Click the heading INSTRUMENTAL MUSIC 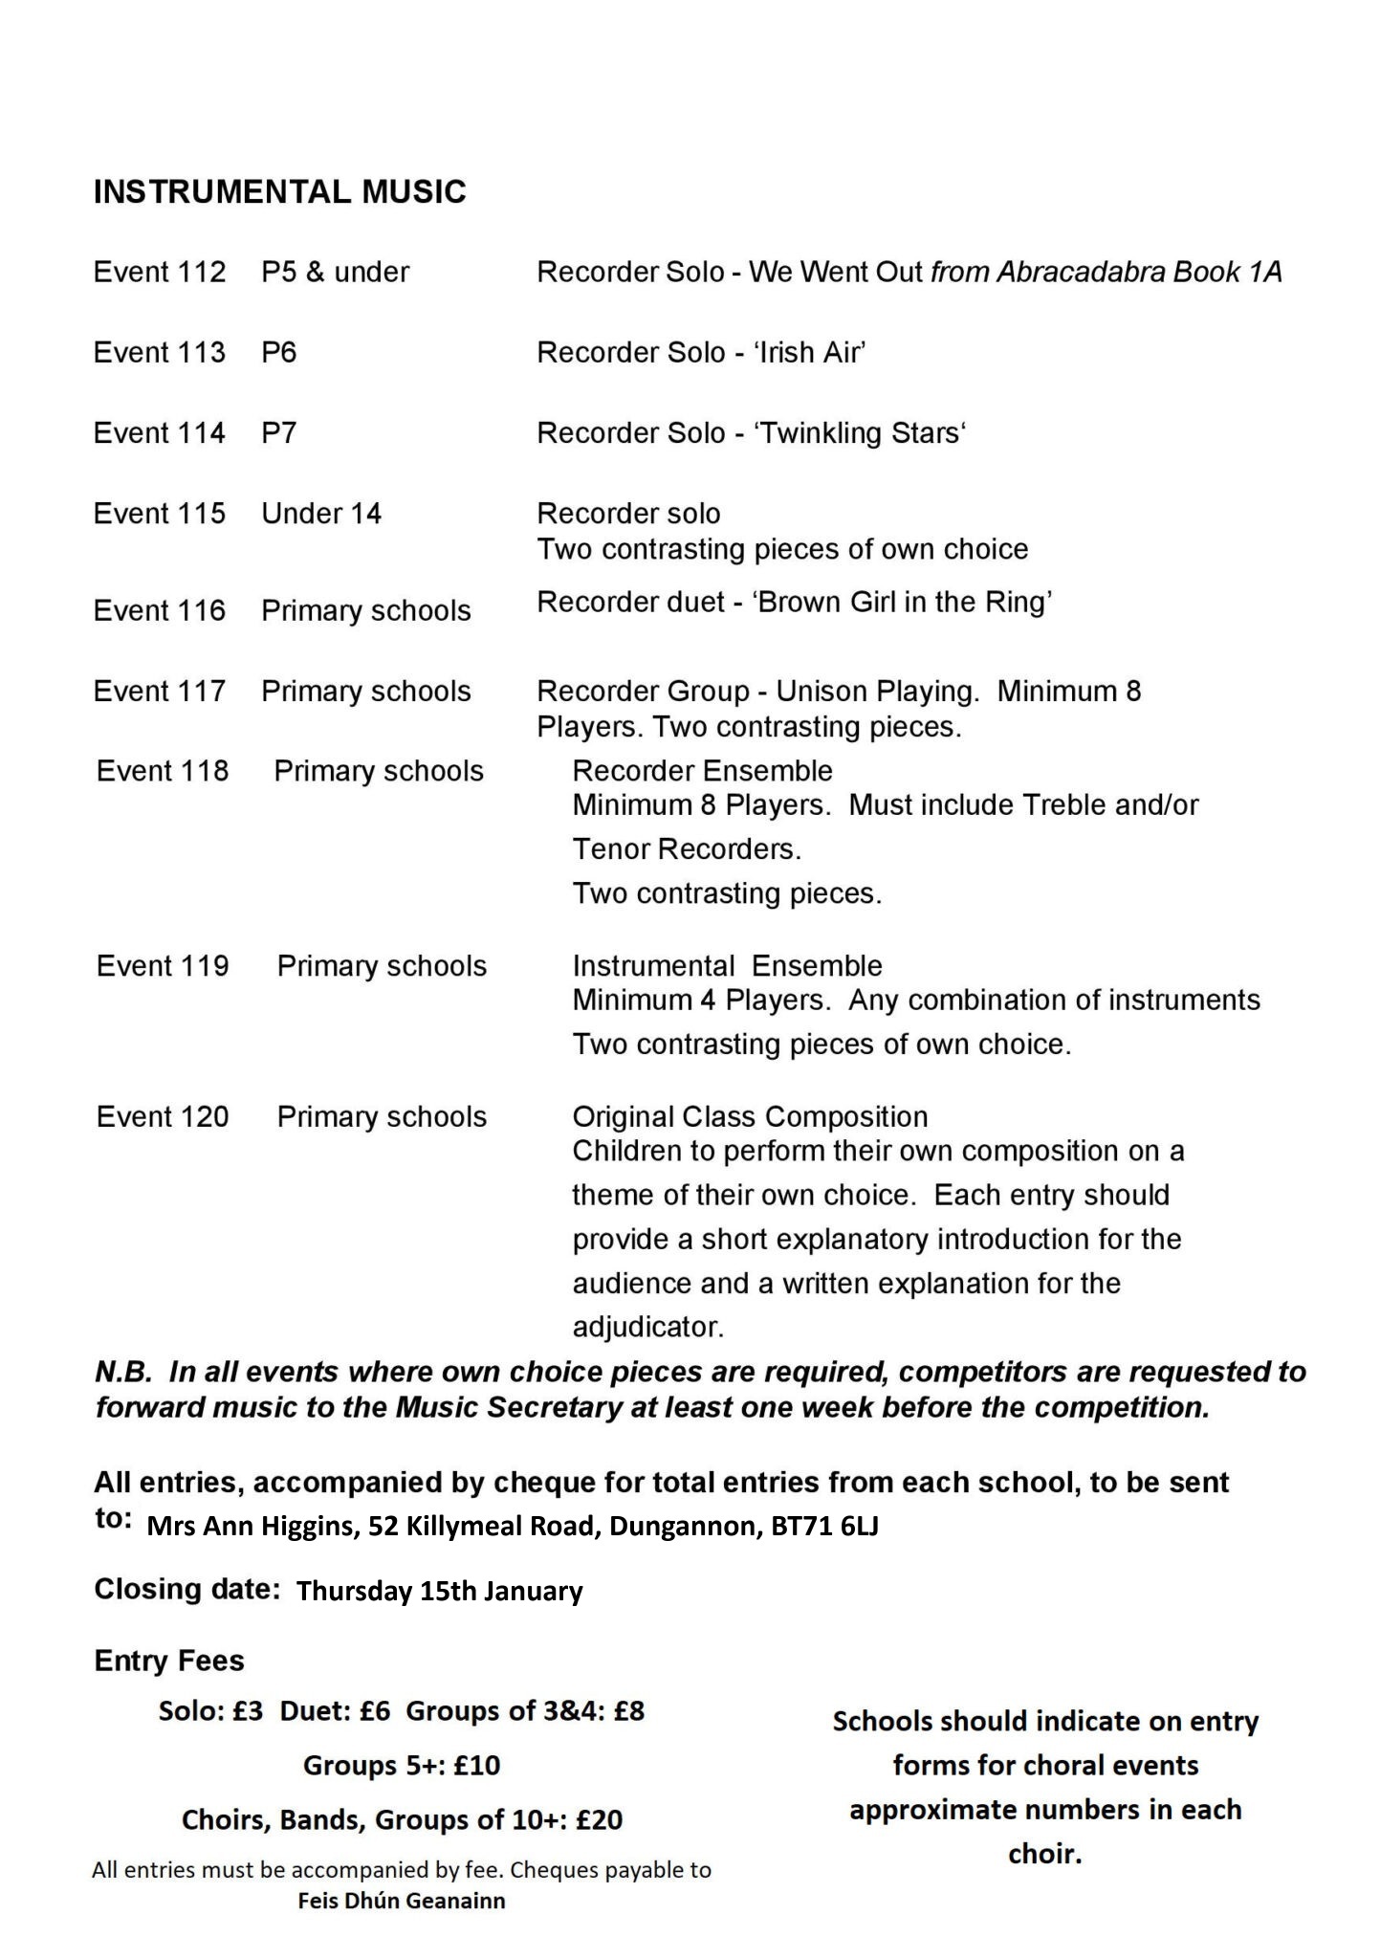click(x=279, y=192)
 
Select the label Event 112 click(x=160, y=273)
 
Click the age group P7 click(x=278, y=433)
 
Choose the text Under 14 click(x=321, y=514)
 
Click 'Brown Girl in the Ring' click(x=903, y=603)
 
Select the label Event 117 click(x=160, y=691)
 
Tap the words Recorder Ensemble click(x=702, y=771)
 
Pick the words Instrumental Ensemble click(x=727, y=966)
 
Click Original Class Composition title click(x=750, y=1117)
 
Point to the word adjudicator click(x=647, y=1328)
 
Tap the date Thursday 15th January click(x=439, y=1591)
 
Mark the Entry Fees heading click(x=169, y=1662)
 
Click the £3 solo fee click(x=247, y=1711)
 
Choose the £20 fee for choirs click(x=599, y=1820)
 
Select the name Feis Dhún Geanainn click(x=401, y=1901)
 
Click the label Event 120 click(x=163, y=1117)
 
